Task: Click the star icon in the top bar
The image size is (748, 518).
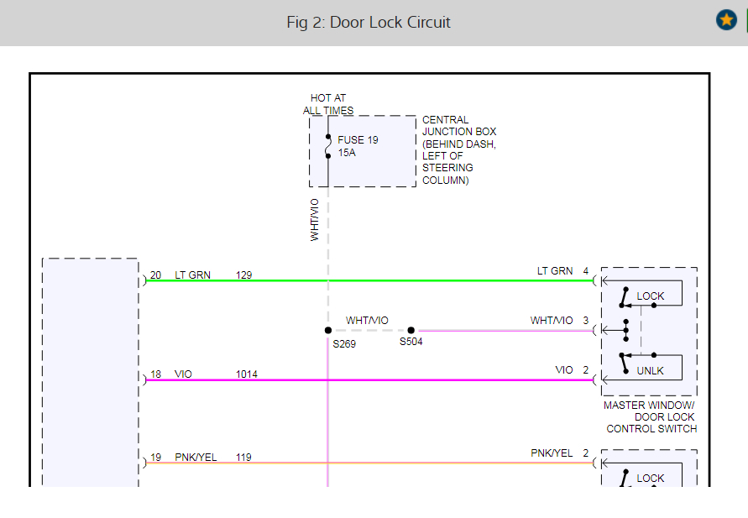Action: click(726, 20)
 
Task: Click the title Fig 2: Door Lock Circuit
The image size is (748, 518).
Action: click(369, 22)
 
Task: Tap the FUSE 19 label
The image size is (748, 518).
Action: click(358, 140)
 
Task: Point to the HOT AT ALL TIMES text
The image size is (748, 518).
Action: click(328, 104)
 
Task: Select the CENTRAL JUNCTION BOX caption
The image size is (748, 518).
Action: click(459, 149)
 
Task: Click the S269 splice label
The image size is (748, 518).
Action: click(344, 343)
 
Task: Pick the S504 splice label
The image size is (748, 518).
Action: click(411, 342)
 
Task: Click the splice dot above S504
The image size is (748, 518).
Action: click(411, 331)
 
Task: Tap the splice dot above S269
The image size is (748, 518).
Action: click(328, 331)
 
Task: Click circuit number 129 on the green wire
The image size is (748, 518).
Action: click(243, 275)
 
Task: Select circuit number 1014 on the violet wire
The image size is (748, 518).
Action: click(247, 374)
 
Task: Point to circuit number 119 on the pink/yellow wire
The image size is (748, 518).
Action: click(243, 457)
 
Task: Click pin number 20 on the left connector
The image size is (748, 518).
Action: click(155, 275)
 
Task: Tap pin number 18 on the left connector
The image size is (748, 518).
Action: click(155, 374)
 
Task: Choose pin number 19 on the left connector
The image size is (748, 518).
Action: click(155, 457)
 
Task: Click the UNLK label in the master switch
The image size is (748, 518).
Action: click(651, 370)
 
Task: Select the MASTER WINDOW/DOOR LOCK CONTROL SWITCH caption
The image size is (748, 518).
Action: click(651, 417)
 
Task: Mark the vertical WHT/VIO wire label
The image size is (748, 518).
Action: click(315, 220)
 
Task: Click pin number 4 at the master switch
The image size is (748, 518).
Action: click(586, 270)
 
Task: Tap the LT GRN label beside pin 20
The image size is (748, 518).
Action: click(192, 275)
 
